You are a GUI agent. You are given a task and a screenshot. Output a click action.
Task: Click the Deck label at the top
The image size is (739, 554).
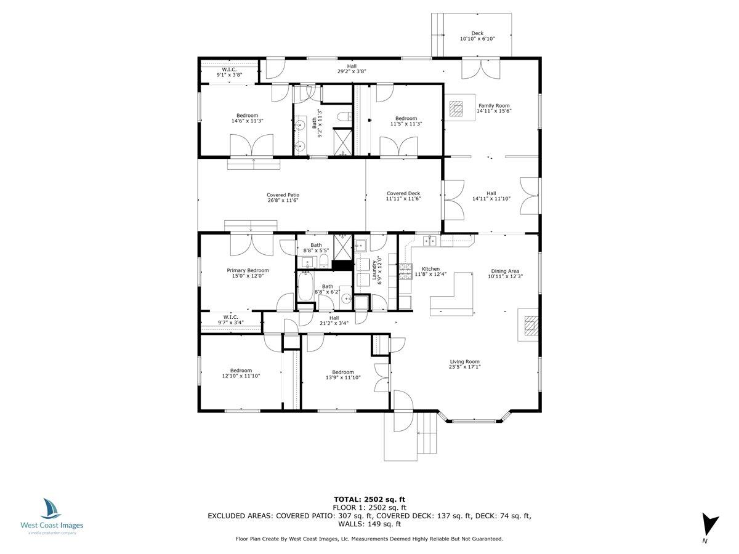(x=477, y=33)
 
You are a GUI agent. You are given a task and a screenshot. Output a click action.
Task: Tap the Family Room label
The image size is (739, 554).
(x=494, y=106)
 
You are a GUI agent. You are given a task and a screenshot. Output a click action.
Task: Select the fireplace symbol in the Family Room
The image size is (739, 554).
(x=456, y=109)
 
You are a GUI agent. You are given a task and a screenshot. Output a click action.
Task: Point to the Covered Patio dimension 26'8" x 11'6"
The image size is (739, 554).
(x=283, y=200)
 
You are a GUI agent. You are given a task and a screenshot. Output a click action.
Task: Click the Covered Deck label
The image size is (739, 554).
(x=403, y=193)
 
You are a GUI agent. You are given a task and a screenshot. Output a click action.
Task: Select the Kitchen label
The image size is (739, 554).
(x=430, y=269)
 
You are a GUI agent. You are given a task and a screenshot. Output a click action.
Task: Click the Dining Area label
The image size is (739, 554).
(x=505, y=271)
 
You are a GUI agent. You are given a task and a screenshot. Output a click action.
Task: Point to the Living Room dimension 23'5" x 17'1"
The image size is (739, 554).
(x=464, y=367)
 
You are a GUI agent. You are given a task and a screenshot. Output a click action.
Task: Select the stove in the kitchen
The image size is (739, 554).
(x=406, y=271)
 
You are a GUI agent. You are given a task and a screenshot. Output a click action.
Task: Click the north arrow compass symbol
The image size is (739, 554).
(x=710, y=524)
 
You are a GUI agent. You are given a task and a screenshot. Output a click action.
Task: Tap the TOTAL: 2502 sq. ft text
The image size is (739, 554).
(x=369, y=499)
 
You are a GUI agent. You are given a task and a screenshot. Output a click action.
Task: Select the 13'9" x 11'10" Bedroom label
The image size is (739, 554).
(x=342, y=372)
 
